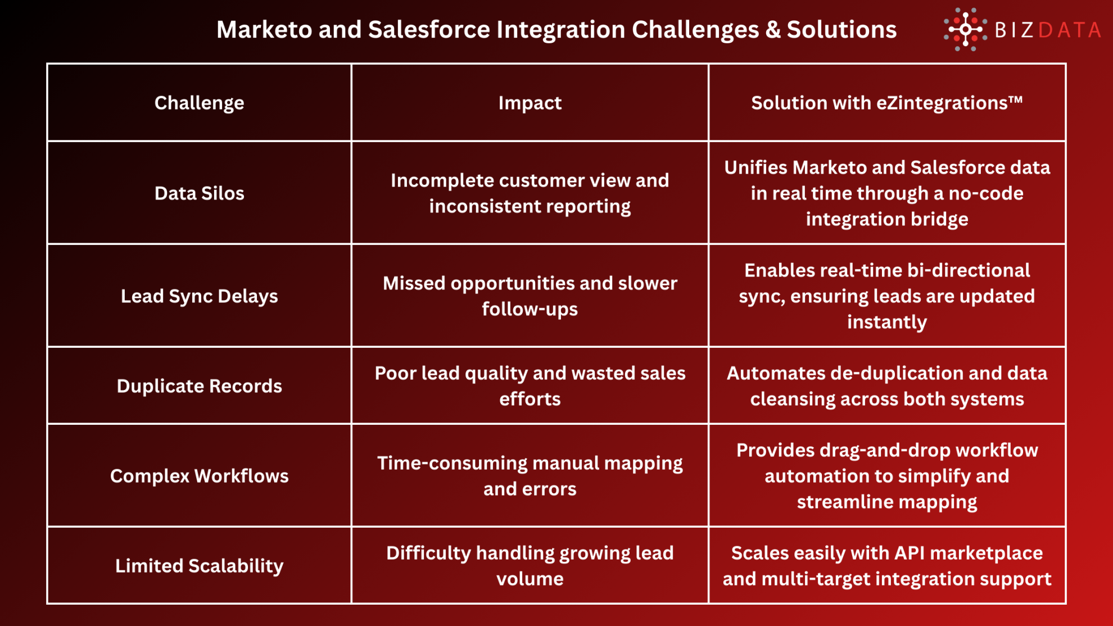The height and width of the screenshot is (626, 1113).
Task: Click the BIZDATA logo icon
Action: pyautogui.click(x=965, y=29)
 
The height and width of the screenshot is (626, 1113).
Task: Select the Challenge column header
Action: pyautogui.click(x=199, y=103)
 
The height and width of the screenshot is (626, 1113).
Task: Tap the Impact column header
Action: pyautogui.click(x=530, y=103)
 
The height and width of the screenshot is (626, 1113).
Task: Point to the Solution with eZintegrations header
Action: pyautogui.click(x=886, y=103)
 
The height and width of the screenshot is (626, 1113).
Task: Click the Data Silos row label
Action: pyautogui.click(x=199, y=193)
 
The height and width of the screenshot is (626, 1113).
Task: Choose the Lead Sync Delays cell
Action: pyautogui.click(x=199, y=296)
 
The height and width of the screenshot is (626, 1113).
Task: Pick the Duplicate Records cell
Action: pyautogui.click(x=199, y=386)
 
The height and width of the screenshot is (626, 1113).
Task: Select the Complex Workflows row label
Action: pyautogui.click(x=199, y=476)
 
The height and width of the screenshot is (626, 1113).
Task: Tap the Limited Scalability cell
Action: pyautogui.click(x=199, y=566)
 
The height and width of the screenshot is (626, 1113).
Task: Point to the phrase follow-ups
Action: pyautogui.click(x=530, y=309)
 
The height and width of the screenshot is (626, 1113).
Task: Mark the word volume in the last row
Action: pyautogui.click(x=530, y=579)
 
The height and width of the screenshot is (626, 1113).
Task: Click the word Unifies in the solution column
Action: pyautogui.click(x=755, y=167)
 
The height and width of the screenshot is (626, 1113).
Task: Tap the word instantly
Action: pyautogui.click(x=886, y=322)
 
